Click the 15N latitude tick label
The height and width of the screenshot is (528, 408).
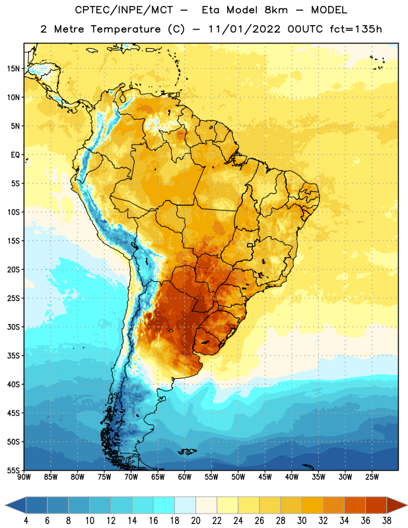click(13, 69)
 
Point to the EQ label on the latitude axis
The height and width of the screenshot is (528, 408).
click(15, 155)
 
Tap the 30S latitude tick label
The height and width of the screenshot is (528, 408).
click(13, 327)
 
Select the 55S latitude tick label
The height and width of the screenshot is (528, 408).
click(13, 470)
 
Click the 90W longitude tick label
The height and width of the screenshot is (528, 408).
click(24, 477)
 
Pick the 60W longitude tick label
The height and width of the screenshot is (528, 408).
click(185, 477)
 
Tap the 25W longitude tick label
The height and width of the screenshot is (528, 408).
click(372, 477)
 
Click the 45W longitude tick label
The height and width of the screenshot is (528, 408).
click(265, 477)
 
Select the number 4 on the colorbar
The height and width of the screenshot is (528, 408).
click(26, 521)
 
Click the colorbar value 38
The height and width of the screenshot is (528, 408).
click(387, 521)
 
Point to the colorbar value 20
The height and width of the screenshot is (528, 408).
click(195, 521)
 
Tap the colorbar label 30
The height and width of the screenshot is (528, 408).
click(302, 521)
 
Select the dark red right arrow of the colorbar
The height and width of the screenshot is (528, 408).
click(396, 505)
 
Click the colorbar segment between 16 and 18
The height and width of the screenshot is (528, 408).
click(164, 505)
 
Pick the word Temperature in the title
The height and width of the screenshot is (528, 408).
click(125, 29)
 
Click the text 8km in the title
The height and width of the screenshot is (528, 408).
click(276, 10)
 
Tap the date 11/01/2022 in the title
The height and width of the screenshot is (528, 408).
click(244, 29)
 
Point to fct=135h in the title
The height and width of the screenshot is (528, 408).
click(356, 29)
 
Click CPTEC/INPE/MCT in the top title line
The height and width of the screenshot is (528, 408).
click(124, 10)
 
